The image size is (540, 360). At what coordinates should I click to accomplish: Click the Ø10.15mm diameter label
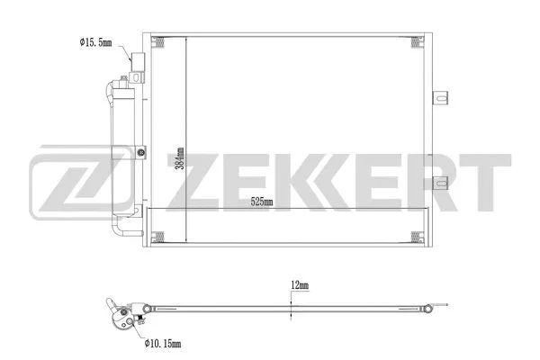161,343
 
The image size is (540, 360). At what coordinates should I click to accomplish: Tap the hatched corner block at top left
159,42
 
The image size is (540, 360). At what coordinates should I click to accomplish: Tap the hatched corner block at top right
416,42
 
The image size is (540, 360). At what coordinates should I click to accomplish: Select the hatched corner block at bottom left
159,238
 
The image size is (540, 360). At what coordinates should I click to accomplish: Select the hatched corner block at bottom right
416,238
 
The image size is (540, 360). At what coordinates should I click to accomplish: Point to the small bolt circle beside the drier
144,154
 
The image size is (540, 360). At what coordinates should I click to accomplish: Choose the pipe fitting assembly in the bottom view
121,314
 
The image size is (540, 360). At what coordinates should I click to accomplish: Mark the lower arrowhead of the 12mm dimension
290,315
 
